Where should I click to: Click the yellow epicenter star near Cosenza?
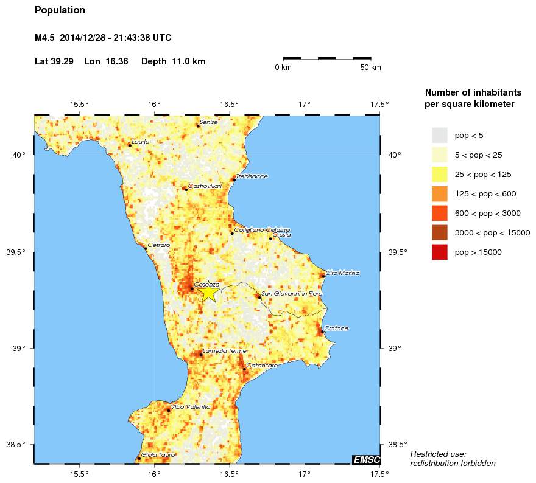[208, 292]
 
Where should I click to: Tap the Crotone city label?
[336, 328]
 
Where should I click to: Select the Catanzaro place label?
[262, 366]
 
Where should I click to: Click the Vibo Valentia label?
[191, 406]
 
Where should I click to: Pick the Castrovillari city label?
[205, 186]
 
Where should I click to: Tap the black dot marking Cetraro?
[146, 248]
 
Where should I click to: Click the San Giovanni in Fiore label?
[292, 294]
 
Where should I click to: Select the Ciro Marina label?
[342, 273]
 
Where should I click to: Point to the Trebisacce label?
[252, 176]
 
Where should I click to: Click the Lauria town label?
[140, 142]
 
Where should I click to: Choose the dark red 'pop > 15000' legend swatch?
[440, 252]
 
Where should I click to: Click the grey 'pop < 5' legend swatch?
[440, 135]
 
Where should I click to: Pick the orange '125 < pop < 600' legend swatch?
[440, 193]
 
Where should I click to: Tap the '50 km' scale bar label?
[370, 68]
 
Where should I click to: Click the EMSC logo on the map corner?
[365, 459]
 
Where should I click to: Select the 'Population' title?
[60, 10]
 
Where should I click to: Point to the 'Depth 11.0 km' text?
[174, 61]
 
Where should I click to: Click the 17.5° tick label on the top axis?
[379, 104]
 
